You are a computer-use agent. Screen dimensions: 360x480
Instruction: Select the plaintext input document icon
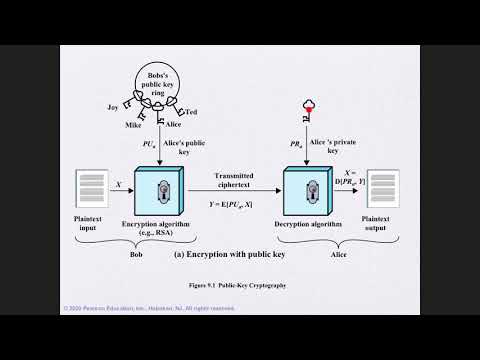tap(90, 189)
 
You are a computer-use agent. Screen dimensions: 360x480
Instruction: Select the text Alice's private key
tap(338, 148)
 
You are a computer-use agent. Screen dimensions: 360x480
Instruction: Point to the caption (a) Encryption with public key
tap(236, 254)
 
